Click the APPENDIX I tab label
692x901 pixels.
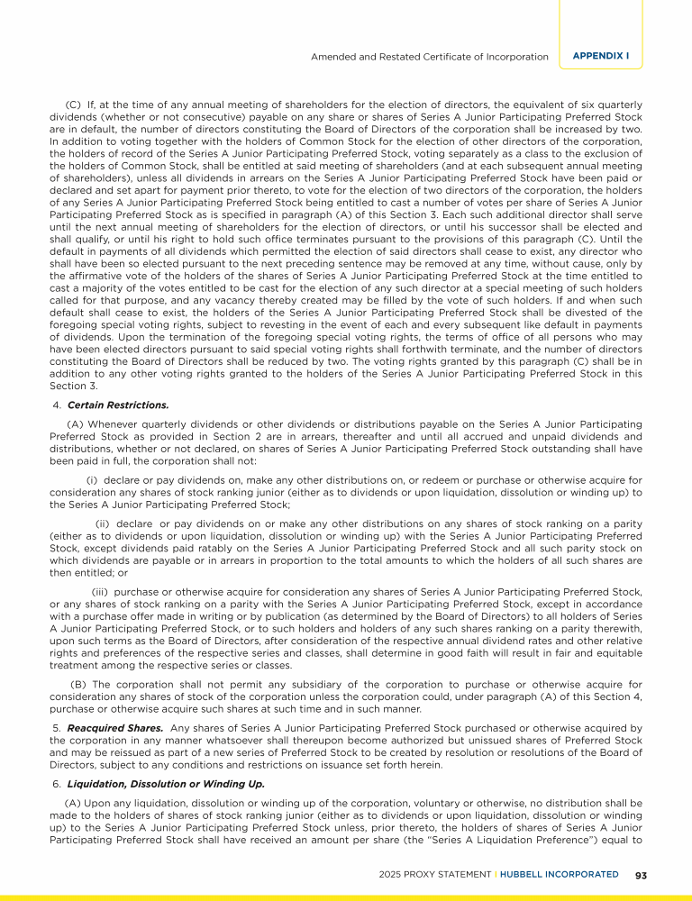pos(601,56)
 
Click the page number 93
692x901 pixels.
pos(642,874)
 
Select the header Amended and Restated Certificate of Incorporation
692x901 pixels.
pos(430,57)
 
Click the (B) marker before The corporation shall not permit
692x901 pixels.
pos(78,684)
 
